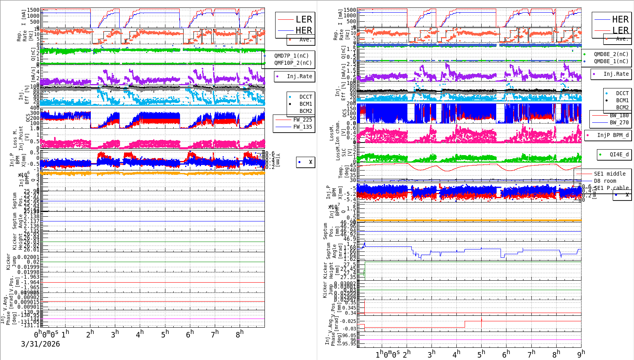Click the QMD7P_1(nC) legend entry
[x=291, y=56]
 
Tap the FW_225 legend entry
[x=302, y=120]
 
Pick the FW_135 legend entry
[x=302, y=127]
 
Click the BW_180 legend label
[x=619, y=115]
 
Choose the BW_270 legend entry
[x=619, y=122]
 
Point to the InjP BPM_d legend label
[x=613, y=135]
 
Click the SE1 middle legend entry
[x=610, y=174]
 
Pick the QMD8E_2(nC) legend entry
[x=611, y=54]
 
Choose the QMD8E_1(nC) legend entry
[x=611, y=61]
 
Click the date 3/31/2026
[x=40, y=344]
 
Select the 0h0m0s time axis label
[x=46, y=334]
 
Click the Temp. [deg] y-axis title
[x=341, y=172]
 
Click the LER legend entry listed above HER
[x=304, y=19]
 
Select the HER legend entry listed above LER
[x=620, y=19]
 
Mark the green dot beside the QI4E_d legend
[x=600, y=154]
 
